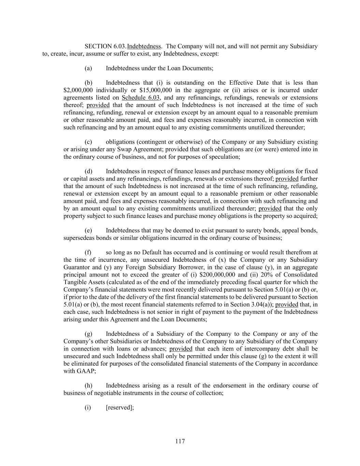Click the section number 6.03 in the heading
click(120, 46)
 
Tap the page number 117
click(180, 441)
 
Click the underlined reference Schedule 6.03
click(141, 98)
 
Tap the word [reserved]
click(119, 408)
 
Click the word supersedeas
click(79, 238)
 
